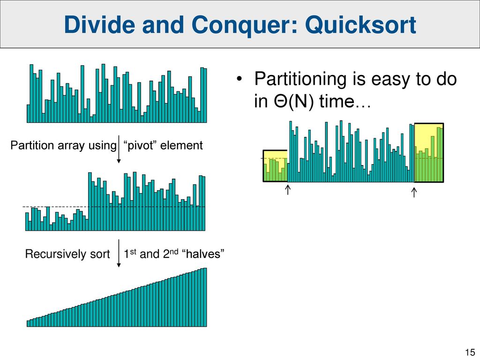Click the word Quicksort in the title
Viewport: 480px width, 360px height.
pyautogui.click(x=360, y=25)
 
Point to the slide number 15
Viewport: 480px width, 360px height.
pyautogui.click(x=470, y=352)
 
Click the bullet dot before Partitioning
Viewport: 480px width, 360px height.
pyautogui.click(x=240, y=79)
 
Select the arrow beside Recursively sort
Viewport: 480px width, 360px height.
pyautogui.click(x=119, y=253)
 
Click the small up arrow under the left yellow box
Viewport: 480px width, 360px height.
pyautogui.click(x=287, y=189)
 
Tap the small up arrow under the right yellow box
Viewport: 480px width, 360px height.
pyautogui.click(x=414, y=192)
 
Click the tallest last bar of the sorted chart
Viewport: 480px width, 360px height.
pyautogui.click(x=205, y=297)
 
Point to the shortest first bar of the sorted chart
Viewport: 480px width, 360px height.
pyautogui.click(x=29, y=323)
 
